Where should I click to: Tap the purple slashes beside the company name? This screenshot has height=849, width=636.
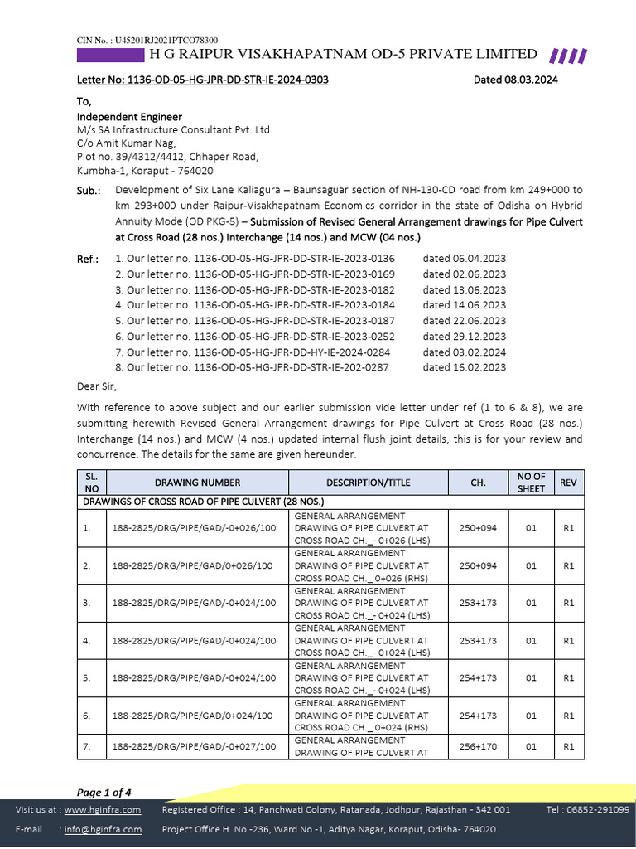569,56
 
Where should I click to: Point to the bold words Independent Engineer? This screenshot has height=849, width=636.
129,117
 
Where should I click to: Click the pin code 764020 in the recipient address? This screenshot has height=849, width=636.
195,171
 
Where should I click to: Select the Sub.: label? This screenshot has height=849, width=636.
89,190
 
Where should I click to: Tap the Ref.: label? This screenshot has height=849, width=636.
88,259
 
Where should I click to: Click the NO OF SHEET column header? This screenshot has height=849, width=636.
531,483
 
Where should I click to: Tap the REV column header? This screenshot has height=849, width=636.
568,483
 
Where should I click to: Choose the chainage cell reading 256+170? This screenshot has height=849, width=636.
478,746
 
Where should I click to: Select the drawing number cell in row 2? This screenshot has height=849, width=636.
192,565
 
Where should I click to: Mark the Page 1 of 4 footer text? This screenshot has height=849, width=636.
104,792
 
